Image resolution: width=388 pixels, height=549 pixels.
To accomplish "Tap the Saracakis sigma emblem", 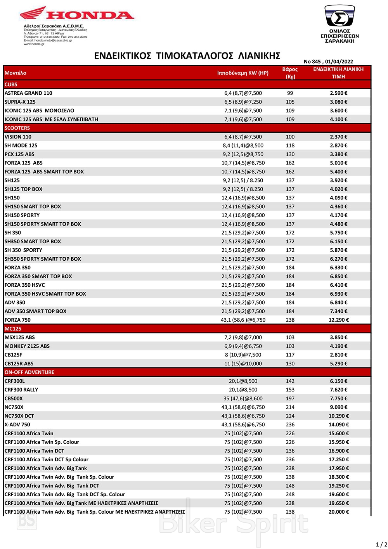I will coord(339,16).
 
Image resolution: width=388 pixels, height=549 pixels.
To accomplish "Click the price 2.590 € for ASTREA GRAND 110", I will coord(338,93).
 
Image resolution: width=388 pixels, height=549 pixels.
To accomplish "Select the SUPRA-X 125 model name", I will coord(20,102).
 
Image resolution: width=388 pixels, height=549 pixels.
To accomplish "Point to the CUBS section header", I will coord(11,84).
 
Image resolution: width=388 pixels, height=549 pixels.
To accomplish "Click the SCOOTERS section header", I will coord(17,128).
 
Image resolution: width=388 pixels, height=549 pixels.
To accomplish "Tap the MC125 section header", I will coord(13,329).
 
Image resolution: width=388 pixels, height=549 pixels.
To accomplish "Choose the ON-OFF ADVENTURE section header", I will coord(29,372).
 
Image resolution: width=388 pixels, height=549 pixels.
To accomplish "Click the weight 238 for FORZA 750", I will coord(290,320).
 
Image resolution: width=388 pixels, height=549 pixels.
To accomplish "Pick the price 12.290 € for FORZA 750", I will coord(338,320).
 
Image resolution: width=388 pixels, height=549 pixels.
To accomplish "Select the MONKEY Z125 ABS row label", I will coord(27,346).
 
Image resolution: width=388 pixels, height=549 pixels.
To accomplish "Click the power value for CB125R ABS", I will coord(243,364).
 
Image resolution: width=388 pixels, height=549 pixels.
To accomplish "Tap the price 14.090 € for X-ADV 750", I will coord(338,425).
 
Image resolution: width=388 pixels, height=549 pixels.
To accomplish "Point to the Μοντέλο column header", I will coord(16,73).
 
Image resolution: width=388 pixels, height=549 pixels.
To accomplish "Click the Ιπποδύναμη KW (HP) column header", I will coord(243,73).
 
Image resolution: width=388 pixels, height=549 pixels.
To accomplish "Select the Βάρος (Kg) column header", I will coord(290,73).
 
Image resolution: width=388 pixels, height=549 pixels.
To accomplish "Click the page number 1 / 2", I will coord(381,544).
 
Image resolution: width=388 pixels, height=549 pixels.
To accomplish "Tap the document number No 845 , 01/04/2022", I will coord(328,61).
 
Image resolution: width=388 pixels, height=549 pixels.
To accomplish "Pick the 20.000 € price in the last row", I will coord(338,512).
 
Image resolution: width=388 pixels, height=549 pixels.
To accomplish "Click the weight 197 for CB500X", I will coord(290,398).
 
